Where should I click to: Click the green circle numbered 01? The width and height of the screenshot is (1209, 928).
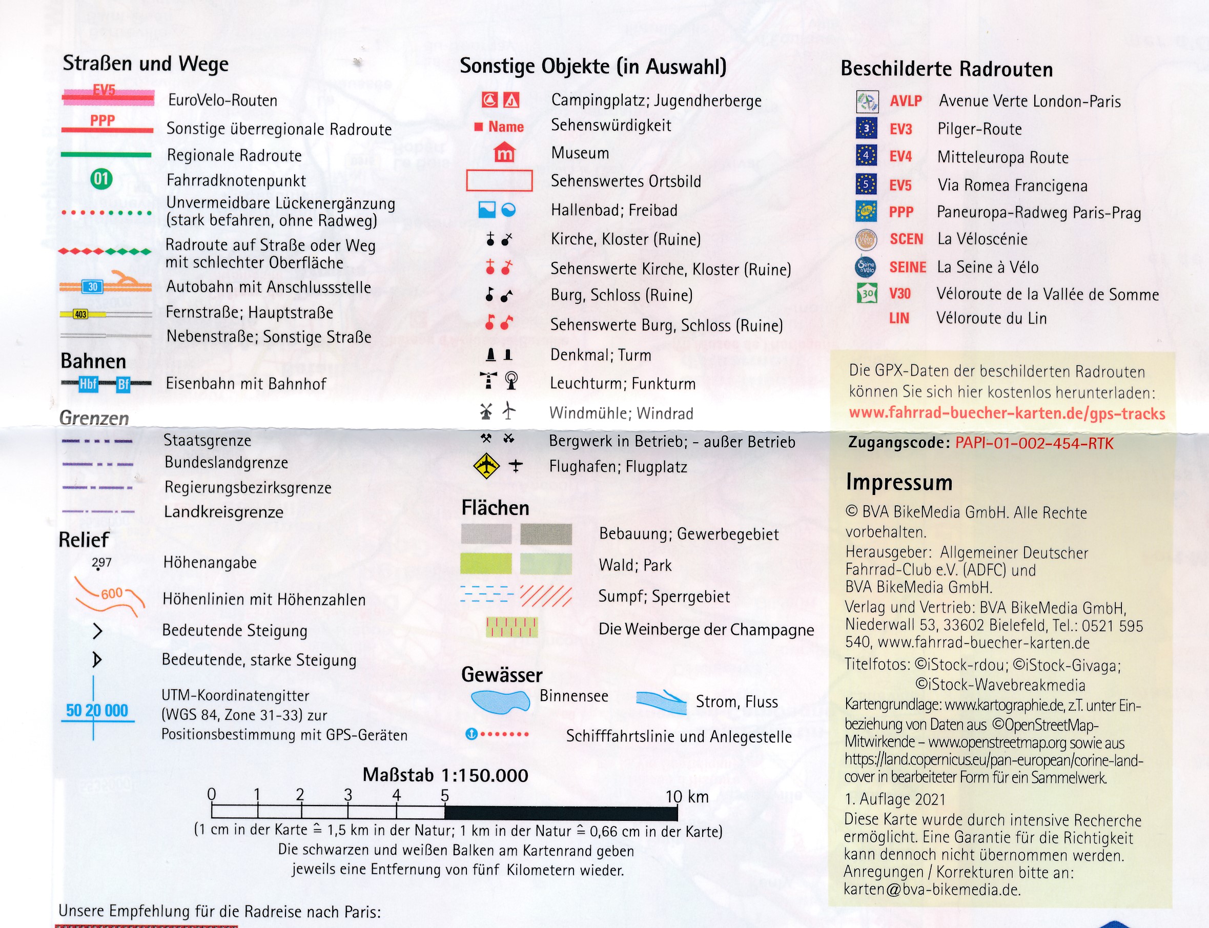[x=101, y=178]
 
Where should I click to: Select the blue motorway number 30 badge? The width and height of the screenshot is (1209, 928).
[x=93, y=286]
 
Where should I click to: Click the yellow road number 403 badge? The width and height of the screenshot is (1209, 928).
[x=80, y=314]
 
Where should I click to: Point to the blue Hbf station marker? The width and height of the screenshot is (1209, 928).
[x=88, y=384]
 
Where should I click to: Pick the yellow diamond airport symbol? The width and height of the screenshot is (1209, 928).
[x=486, y=466]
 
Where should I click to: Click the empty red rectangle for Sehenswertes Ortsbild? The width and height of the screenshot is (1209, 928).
[x=499, y=180]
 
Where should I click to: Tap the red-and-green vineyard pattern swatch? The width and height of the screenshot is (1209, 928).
[x=511, y=628]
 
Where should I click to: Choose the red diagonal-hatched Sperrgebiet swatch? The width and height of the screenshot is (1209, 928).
[x=546, y=595]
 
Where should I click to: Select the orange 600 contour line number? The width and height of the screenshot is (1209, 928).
[x=112, y=593]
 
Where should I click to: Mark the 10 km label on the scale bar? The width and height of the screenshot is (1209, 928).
[x=687, y=796]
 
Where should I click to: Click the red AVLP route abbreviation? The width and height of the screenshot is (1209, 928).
[x=906, y=101]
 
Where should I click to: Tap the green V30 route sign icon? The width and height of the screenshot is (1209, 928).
[x=867, y=293]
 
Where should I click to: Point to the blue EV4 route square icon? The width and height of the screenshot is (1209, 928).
[x=866, y=156]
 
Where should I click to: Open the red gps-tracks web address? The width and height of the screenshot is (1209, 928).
[x=1007, y=413]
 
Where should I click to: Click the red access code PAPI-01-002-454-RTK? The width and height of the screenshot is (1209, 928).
[x=1034, y=443]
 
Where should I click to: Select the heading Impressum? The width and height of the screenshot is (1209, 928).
[x=898, y=482]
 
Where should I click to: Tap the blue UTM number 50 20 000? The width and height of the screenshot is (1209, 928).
[x=97, y=710]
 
